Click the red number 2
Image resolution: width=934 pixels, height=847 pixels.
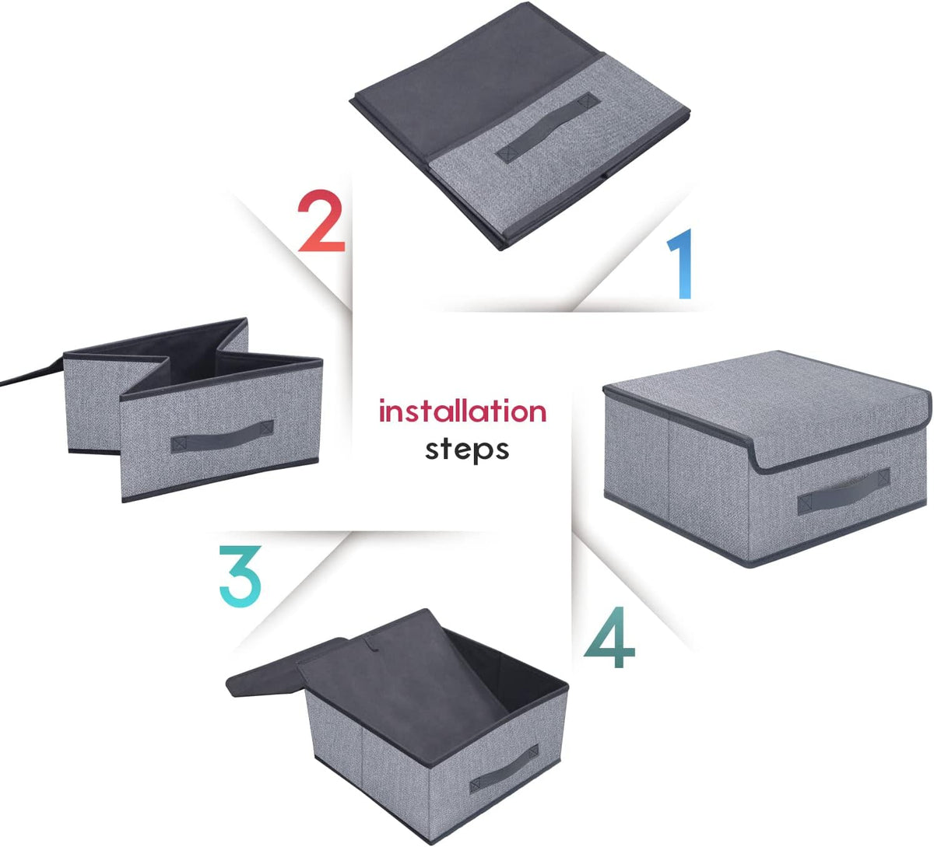321,221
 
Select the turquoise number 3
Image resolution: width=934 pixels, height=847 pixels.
240,576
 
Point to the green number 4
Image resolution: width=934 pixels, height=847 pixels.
609,637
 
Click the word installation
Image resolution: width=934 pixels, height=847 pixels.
462,411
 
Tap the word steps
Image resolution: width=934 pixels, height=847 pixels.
467,450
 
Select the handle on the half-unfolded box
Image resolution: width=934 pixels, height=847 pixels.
222,436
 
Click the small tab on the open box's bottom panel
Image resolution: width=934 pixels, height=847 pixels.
373,642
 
